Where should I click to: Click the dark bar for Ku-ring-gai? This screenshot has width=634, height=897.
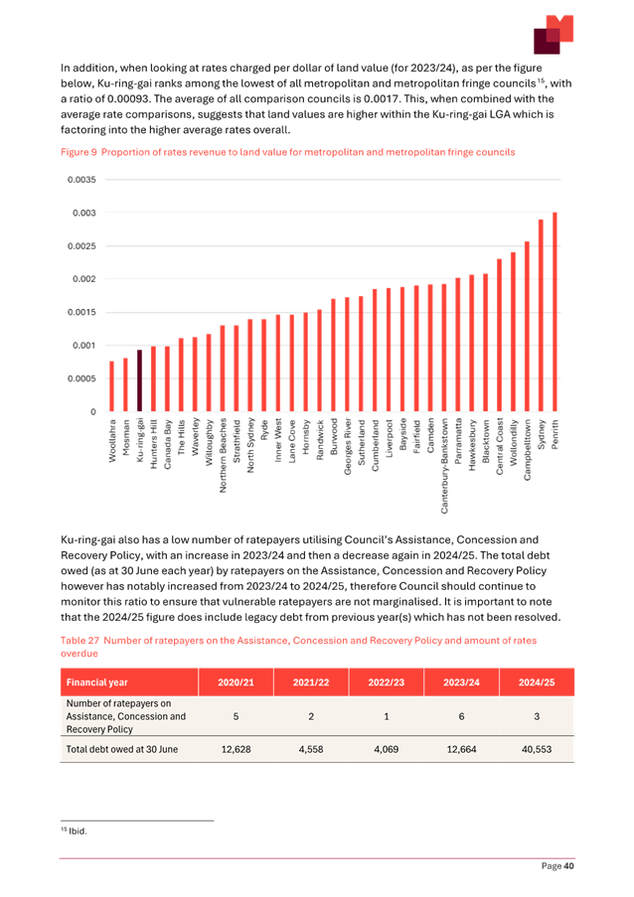click(140, 380)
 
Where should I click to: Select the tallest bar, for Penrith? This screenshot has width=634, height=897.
click(555, 312)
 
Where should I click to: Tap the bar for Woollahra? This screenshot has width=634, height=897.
click(112, 386)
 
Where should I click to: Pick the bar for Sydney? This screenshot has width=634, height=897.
click(541, 316)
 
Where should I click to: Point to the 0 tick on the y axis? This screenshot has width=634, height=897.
click(92, 412)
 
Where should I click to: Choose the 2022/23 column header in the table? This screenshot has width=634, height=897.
click(386, 683)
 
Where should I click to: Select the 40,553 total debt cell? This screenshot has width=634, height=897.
click(538, 749)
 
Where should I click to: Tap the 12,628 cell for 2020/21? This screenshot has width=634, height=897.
click(234, 749)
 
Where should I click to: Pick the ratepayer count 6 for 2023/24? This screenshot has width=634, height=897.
click(461, 715)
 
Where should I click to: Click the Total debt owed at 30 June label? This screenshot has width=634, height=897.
click(122, 749)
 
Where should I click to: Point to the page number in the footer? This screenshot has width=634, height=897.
click(558, 866)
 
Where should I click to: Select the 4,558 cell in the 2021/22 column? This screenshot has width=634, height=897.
click(309, 749)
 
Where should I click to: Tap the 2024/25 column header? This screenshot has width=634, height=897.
click(538, 683)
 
